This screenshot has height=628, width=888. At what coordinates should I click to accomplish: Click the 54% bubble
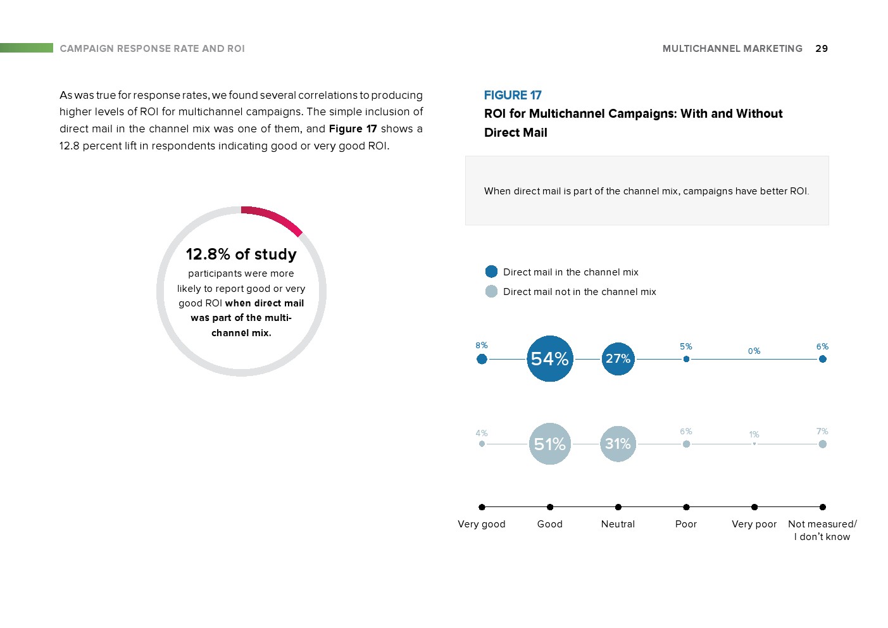549,359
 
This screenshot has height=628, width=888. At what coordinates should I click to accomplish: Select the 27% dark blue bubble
618,359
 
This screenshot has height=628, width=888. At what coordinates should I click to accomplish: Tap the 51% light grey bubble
549,444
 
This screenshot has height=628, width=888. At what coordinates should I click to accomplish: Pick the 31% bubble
618,444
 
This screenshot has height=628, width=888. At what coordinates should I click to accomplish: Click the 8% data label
482,346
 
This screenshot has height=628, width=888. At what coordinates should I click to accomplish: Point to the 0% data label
754,351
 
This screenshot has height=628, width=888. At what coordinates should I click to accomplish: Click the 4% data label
482,434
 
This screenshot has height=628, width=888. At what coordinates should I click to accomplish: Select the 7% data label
822,432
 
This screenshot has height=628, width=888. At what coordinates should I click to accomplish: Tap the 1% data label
754,435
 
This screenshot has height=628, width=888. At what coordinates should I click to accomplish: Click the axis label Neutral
618,524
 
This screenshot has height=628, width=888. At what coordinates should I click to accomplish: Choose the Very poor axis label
754,524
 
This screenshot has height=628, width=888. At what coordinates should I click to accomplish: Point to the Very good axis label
482,524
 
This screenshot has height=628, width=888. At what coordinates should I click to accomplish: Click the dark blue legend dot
491,272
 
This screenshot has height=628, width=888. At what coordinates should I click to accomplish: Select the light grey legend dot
491,291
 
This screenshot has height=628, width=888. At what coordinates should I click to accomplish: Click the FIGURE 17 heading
513,96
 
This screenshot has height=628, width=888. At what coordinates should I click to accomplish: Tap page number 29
822,49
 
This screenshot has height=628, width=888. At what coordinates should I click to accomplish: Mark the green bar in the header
27,48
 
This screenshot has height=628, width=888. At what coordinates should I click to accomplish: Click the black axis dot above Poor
686,507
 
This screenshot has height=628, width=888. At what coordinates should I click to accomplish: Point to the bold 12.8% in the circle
208,254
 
